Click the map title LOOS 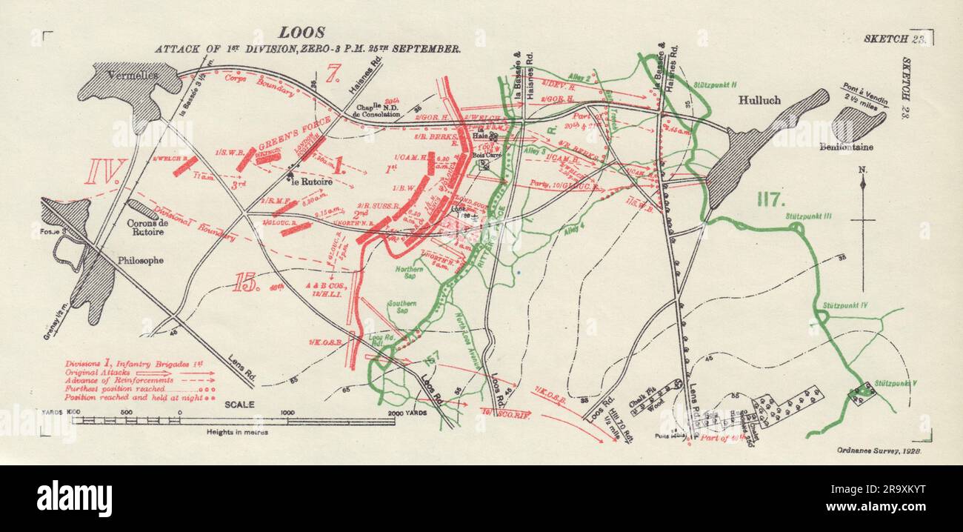click(x=301, y=33)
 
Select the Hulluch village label click(x=759, y=99)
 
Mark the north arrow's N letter click(x=862, y=170)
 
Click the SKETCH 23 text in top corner click(x=892, y=38)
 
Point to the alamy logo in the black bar click(x=74, y=498)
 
